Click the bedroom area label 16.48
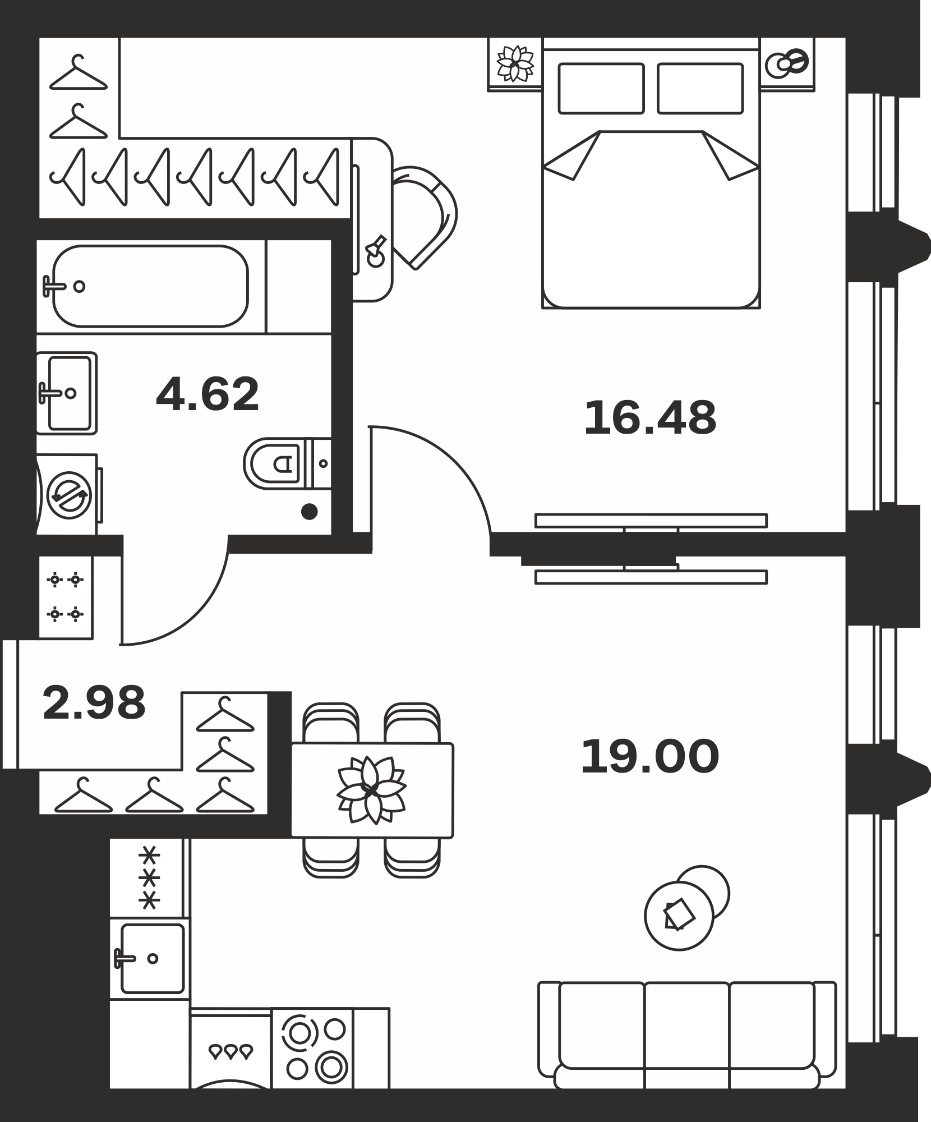click(650, 418)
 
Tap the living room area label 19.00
click(649, 757)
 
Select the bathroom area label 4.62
click(208, 394)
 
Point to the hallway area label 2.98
click(94, 702)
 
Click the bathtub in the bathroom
click(150, 286)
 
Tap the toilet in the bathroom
click(287, 463)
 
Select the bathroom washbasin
click(67, 393)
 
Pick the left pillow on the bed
click(601, 89)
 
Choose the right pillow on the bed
click(700, 89)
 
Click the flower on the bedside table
click(515, 63)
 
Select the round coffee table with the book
click(679, 916)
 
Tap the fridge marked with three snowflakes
click(149, 878)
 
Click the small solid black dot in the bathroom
click(309, 512)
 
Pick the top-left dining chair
click(331, 723)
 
